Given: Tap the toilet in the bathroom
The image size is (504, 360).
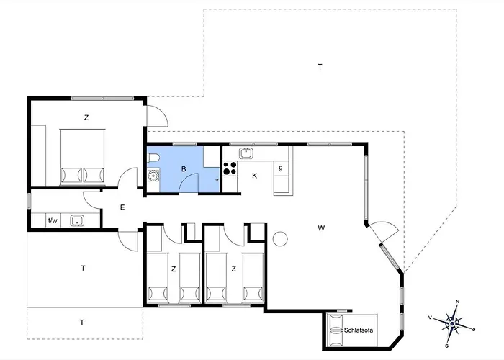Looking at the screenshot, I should pos(153,158).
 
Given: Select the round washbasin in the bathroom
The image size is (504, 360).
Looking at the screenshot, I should pos(153,176).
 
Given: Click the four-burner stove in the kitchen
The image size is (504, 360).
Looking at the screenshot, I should pos(230,169).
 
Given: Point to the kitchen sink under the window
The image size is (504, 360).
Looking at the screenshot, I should pos(246,153).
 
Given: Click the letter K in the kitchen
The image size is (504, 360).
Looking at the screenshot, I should pos(254,175).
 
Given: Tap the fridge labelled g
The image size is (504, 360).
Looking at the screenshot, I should pos(280,168).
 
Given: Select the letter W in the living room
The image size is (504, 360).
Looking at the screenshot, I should pos(321,228).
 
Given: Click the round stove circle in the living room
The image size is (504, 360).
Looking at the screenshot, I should pos(281,238).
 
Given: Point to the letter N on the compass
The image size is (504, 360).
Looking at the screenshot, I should pos(457,302).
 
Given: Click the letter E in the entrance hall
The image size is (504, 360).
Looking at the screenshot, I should pos(122,207).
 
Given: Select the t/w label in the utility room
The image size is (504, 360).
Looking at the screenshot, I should pos(52,221).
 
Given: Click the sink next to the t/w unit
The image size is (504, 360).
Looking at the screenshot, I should pos(76,221).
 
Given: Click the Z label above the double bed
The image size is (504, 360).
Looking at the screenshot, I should pos(86,117).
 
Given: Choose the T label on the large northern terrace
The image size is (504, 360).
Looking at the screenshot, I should pos(320,66).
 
